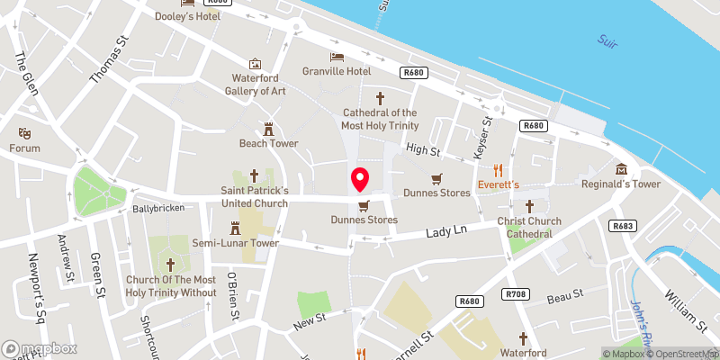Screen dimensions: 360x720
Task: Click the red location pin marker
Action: [359, 179]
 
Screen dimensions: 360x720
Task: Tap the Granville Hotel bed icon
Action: [336, 56]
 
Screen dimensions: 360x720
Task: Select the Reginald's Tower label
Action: [622, 184]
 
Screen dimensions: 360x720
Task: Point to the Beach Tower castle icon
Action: [268, 129]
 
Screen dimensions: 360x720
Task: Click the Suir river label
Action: [609, 41]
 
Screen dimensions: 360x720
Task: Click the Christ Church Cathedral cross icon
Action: [529, 206]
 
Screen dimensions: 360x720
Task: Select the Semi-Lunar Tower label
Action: [235, 243]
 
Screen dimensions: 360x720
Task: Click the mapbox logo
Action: [40, 348]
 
